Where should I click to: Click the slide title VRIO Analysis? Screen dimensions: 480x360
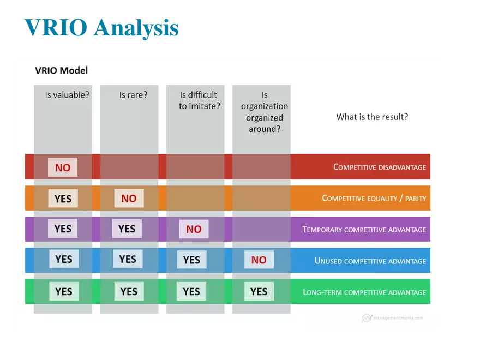click(101, 28)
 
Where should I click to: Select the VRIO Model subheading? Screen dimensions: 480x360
click(61, 70)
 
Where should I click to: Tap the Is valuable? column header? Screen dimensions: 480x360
click(67, 95)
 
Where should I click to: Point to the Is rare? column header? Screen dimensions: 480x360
click(133, 95)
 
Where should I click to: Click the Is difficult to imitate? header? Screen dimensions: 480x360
click(199, 100)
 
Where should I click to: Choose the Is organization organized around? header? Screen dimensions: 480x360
click(265, 112)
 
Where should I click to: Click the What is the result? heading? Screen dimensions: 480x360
click(372, 117)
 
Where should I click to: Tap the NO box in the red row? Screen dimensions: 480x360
click(63, 167)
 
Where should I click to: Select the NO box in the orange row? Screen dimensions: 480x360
click(129, 199)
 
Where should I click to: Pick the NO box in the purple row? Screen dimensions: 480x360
click(194, 229)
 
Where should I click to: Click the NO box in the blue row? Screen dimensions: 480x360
click(259, 260)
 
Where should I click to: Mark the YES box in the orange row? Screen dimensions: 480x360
click(63, 199)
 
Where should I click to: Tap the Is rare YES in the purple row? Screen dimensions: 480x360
click(127, 229)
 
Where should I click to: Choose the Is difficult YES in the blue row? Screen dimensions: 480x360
click(191, 260)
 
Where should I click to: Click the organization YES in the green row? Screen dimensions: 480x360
click(259, 291)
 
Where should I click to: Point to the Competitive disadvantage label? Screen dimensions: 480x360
click(380, 167)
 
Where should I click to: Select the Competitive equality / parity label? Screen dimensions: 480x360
click(374, 199)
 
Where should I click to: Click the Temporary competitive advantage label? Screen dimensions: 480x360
click(364, 230)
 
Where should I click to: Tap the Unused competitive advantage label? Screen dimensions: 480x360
click(370, 261)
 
